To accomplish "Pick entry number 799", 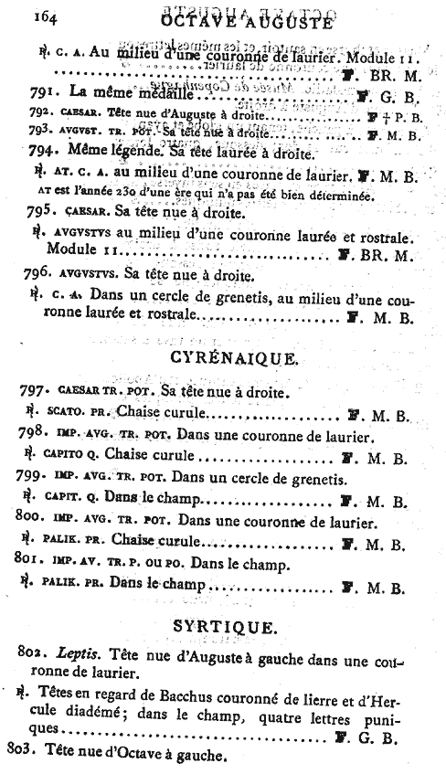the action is [34, 478].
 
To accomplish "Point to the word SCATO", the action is [68, 416].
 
